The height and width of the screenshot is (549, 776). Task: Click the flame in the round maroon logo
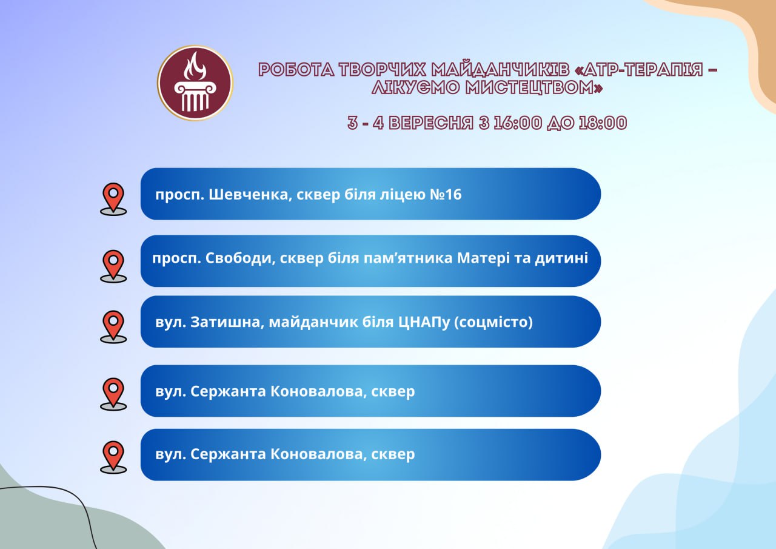[195, 66]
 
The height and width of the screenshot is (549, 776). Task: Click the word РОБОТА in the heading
[296, 70]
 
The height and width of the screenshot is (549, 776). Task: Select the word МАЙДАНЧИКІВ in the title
[500, 70]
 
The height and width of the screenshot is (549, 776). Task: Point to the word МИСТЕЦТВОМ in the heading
[534, 87]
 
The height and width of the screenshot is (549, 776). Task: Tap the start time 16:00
[518, 123]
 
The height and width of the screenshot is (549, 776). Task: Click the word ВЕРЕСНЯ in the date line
[431, 123]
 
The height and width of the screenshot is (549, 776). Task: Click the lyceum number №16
[446, 195]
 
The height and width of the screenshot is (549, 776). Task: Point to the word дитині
[561, 258]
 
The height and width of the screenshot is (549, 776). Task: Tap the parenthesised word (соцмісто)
[493, 322]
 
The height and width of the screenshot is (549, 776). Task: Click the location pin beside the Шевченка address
[113, 199]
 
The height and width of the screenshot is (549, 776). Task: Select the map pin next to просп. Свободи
[113, 266]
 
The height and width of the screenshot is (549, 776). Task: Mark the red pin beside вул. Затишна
[113, 326]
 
